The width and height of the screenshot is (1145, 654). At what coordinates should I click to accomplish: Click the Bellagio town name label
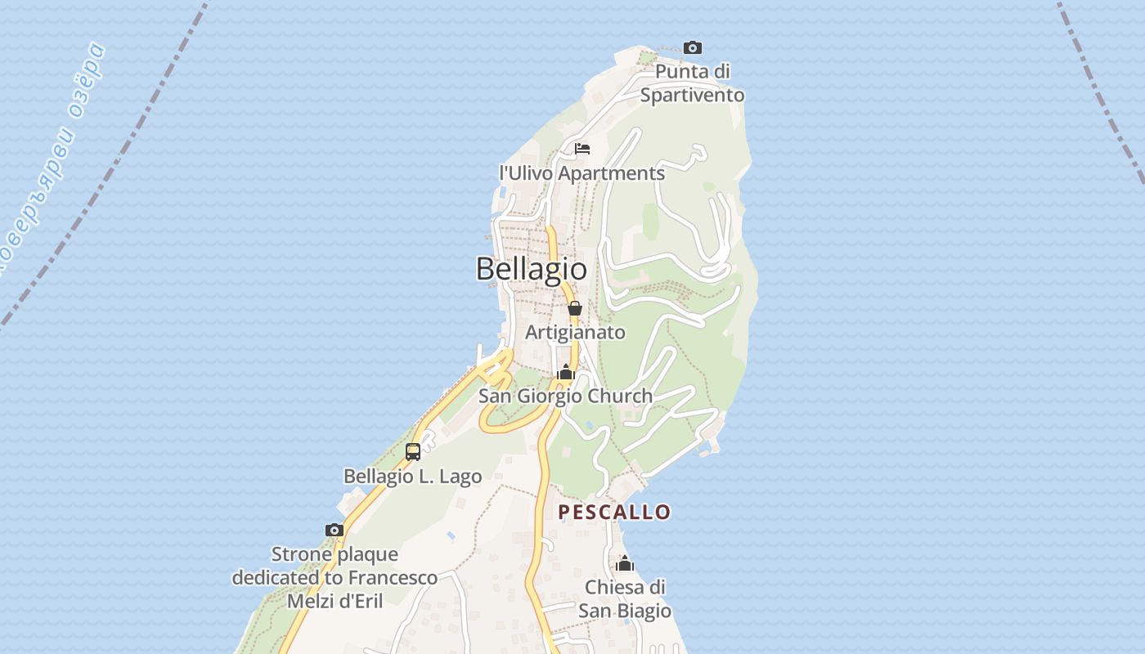[532, 268]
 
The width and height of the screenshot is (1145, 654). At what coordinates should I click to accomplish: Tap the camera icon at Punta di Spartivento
[692, 47]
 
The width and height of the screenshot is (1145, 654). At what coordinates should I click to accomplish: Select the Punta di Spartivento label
[692, 83]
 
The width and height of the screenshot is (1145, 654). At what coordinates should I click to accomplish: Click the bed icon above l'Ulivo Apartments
[582, 149]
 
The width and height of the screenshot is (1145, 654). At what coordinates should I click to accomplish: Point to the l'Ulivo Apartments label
[581, 173]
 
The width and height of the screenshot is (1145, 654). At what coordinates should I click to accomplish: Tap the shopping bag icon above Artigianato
[575, 308]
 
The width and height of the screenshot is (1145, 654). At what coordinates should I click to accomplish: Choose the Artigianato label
[575, 332]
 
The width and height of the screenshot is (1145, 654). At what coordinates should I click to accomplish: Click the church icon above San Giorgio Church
[565, 373]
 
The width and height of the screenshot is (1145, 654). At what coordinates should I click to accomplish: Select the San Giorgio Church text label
[565, 396]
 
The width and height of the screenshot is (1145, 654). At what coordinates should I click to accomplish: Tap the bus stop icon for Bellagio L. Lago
[413, 451]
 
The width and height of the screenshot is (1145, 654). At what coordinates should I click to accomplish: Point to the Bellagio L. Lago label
[412, 476]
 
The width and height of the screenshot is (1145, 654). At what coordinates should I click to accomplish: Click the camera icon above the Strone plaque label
[334, 530]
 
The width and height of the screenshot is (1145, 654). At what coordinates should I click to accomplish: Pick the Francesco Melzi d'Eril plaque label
[335, 577]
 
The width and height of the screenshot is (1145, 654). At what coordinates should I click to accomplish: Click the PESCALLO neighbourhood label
[614, 512]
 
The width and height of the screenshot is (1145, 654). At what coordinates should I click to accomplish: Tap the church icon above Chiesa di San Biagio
[625, 563]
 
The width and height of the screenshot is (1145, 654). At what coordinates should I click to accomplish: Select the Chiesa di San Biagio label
[625, 599]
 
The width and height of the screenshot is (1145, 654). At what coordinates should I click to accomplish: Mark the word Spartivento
[692, 95]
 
